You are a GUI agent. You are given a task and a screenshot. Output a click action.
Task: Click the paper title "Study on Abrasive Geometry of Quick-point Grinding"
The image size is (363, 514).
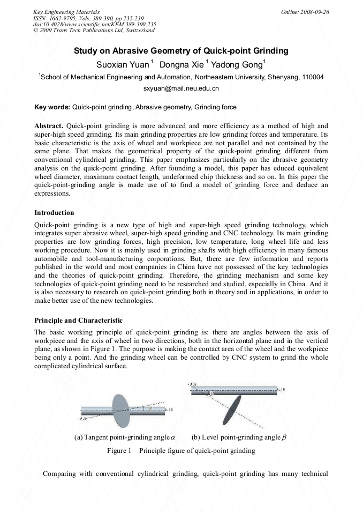pyautogui.click(x=181, y=51)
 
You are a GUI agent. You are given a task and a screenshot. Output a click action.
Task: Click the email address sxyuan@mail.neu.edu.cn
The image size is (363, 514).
pyautogui.click(x=181, y=88)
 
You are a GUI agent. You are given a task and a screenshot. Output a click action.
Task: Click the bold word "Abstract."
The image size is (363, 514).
pyautogui.click(x=49, y=125)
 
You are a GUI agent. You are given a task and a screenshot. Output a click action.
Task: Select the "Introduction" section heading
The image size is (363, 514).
pyautogui.click(x=54, y=213)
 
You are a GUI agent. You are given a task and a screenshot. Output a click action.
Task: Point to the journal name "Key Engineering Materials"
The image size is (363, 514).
pyautogui.click(x=66, y=12)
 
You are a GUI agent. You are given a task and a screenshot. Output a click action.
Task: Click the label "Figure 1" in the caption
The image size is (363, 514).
pyautogui.click(x=119, y=451)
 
